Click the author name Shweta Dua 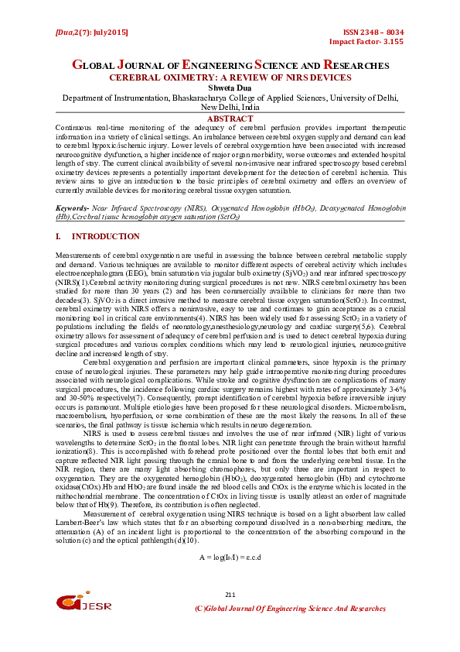coord(230,88)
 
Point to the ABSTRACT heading coord(230,118)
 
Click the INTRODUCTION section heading coord(106,236)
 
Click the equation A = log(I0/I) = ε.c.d coord(230,557)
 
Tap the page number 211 coord(230,594)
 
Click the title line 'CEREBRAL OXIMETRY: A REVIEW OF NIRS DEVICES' coord(230,78)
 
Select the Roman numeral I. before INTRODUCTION coord(60,236)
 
